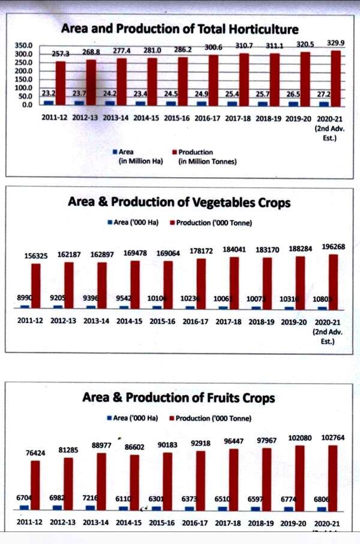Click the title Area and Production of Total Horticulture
click(179, 29)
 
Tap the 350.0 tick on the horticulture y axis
click(24, 46)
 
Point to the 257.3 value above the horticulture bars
click(60, 53)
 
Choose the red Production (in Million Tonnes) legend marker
click(174, 153)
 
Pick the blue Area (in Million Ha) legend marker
click(114, 153)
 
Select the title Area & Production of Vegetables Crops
click(179, 202)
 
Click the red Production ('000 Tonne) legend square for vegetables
click(172, 223)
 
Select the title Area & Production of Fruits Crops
click(178, 397)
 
